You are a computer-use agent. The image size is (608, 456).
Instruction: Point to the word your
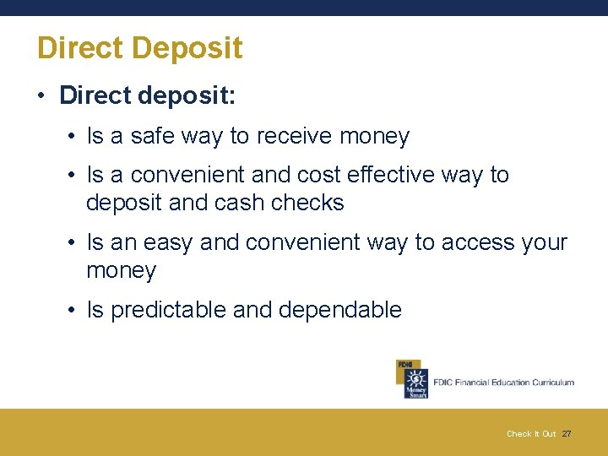[545, 242]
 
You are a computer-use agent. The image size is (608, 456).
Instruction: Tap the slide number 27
[567, 434]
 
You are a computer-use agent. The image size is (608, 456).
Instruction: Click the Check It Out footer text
[531, 434]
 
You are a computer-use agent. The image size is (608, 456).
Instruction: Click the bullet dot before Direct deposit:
[41, 95]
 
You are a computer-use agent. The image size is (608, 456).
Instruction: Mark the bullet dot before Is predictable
[73, 311]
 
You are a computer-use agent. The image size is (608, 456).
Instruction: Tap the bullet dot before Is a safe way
[73, 137]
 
